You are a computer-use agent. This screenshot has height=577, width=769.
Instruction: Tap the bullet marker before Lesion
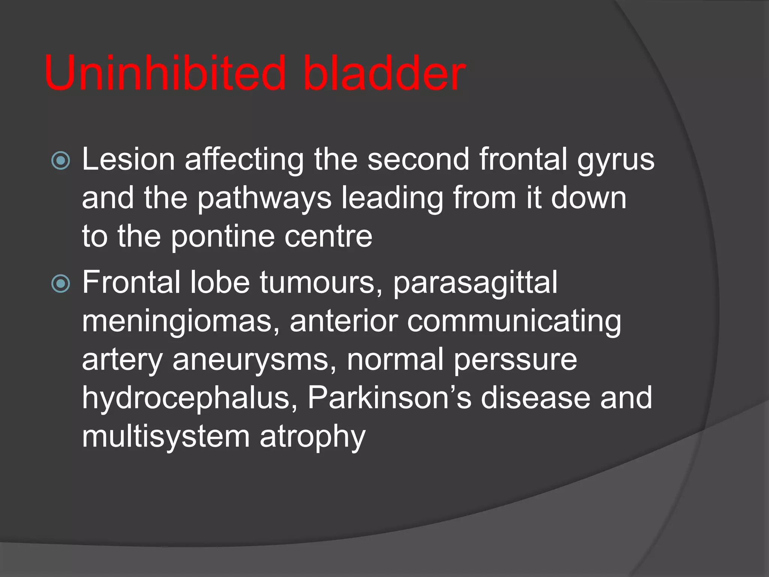click(61, 161)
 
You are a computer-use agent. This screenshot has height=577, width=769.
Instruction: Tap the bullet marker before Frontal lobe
click(61, 284)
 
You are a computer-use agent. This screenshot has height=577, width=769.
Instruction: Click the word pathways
click(264, 199)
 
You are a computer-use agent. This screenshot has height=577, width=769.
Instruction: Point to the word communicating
click(514, 322)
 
